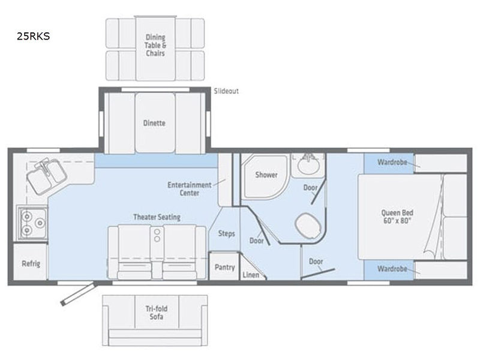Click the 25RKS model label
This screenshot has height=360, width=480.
pyautogui.click(x=33, y=37)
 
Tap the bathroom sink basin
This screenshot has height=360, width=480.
pyautogui.click(x=308, y=166)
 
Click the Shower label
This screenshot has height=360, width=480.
pyautogui.click(x=266, y=175)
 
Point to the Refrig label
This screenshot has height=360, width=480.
pyautogui.click(x=31, y=263)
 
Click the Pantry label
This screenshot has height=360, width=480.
pyautogui.click(x=224, y=267)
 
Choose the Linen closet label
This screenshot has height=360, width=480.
pyautogui.click(x=251, y=275)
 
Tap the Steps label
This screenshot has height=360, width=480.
pyautogui.click(x=227, y=233)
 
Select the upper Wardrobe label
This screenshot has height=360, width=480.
pyautogui.click(x=392, y=162)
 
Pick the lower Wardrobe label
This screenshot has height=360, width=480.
pyautogui.click(x=392, y=269)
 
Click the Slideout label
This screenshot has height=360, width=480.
pyautogui.click(x=226, y=91)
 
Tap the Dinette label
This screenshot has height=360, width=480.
pyautogui.click(x=154, y=123)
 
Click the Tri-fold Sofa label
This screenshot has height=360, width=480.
pyautogui.click(x=157, y=313)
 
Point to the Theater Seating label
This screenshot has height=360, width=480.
pyautogui.click(x=157, y=217)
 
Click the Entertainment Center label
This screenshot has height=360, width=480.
pyautogui.click(x=189, y=189)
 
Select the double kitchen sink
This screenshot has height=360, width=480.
pyautogui.click(x=46, y=176)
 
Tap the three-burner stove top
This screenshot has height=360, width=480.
pyautogui.click(x=33, y=223)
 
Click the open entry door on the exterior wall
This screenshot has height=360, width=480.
pyautogui.click(x=79, y=294)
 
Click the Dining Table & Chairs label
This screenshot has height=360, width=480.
pyautogui.click(x=155, y=46)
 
